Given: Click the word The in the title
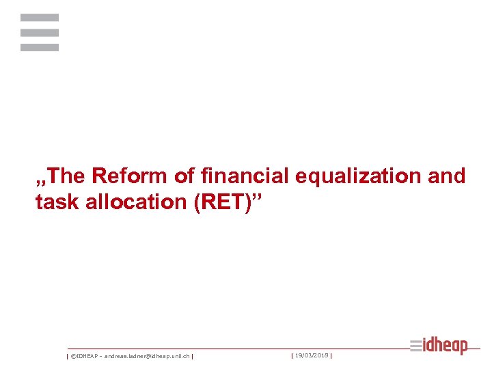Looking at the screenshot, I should (x=67, y=176).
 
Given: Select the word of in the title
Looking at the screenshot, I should (x=184, y=176).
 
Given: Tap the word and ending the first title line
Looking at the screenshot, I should (x=448, y=176).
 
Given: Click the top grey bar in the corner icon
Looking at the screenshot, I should (x=40, y=18).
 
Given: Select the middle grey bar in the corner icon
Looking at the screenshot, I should (x=40, y=32).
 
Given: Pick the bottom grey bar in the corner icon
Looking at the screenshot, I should (x=40, y=47).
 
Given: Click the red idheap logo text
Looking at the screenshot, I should (x=446, y=346).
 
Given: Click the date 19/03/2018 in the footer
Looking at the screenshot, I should (x=312, y=355).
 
